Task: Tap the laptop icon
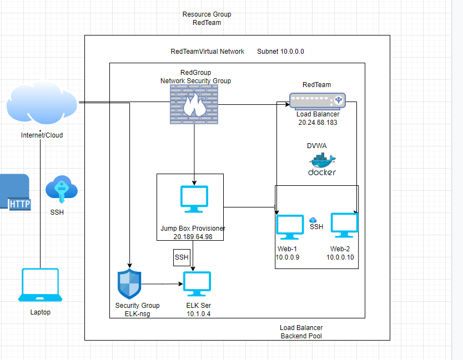pos(39,285)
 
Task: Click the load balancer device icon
pos(317,100)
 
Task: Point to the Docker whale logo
pos(322,162)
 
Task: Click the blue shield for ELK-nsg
pos(129,284)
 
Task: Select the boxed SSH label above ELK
pos(182,257)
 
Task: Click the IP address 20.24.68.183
pos(318,123)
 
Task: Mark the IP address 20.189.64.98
pos(193,237)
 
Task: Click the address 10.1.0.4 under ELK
pos(199,314)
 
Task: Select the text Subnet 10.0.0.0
pos(280,52)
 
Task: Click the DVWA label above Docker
pos(317,145)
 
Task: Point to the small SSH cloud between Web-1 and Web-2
pos(313,220)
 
